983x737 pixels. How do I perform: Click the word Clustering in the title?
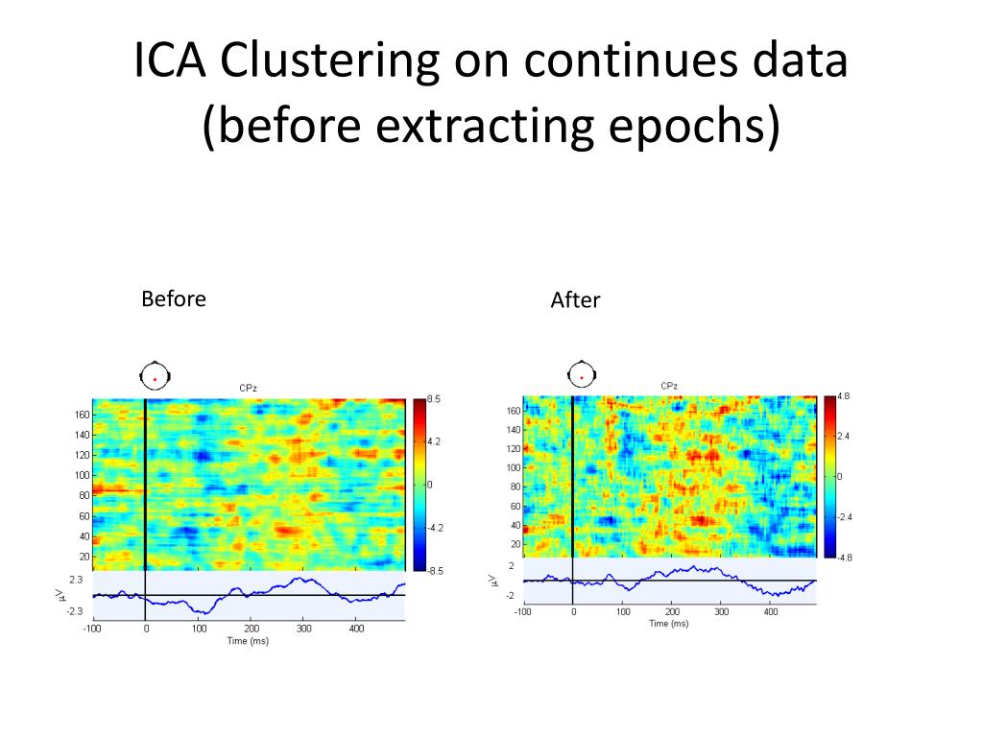(330, 63)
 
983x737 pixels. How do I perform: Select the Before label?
(174, 298)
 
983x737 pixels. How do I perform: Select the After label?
(575, 300)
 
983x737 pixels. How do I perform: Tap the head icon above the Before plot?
(154, 375)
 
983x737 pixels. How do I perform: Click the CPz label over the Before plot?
(248, 388)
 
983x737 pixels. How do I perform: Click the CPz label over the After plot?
(669, 386)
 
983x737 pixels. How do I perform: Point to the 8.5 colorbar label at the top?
(434, 399)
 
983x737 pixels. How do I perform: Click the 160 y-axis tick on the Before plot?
(82, 415)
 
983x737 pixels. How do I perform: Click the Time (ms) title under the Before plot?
(248, 641)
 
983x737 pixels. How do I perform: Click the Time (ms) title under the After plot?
(669, 624)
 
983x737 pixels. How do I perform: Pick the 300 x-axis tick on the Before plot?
(303, 630)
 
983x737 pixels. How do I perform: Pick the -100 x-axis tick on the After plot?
(522, 611)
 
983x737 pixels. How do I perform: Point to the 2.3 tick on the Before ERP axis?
(76, 581)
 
